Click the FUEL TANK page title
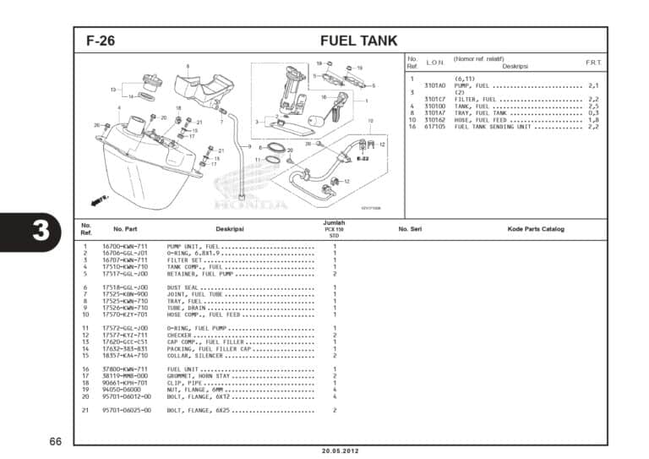tap(358, 41)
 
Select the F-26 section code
tap(101, 41)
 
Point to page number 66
tap(55, 442)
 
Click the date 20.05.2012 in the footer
tap(341, 451)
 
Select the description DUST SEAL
tap(186, 287)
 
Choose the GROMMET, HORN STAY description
tap(199, 375)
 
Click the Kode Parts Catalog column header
tap(536, 229)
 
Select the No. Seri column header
tap(410, 229)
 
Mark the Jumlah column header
tap(334, 222)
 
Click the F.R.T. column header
tap(593, 63)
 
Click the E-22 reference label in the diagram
tap(363, 158)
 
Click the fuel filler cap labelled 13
tap(150, 84)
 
